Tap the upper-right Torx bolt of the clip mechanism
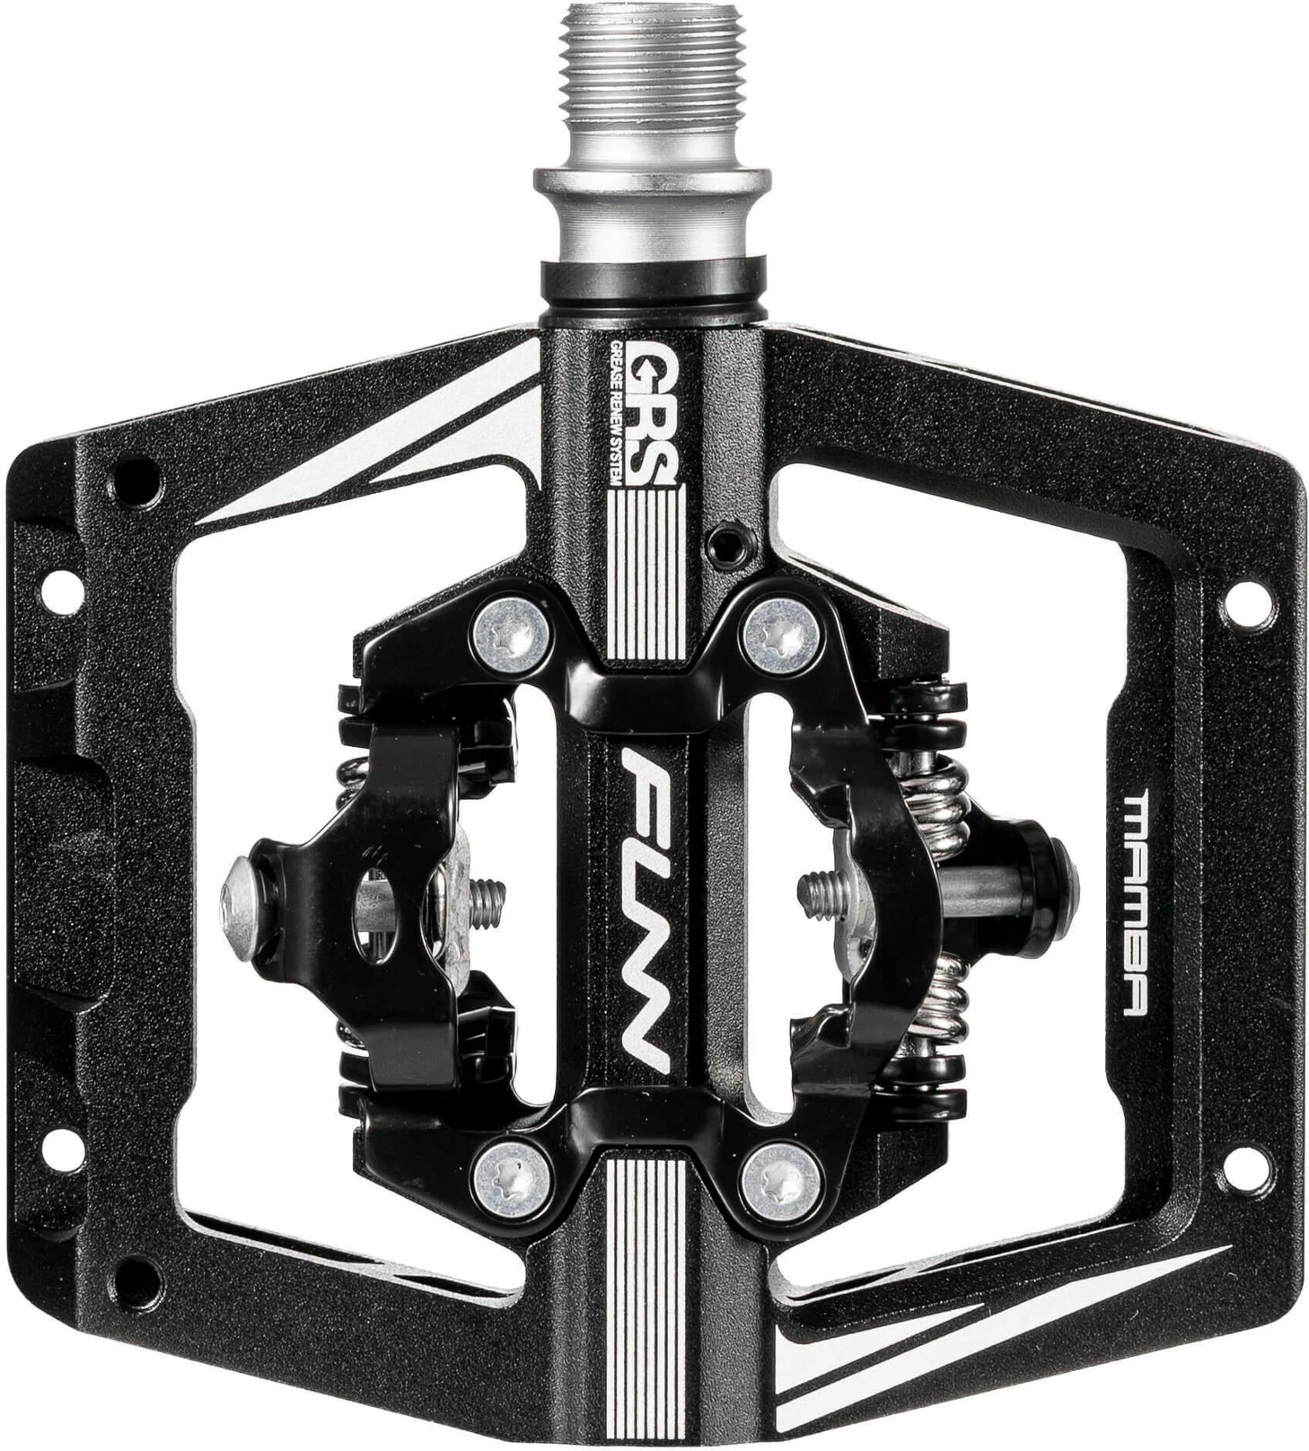point(781,635)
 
